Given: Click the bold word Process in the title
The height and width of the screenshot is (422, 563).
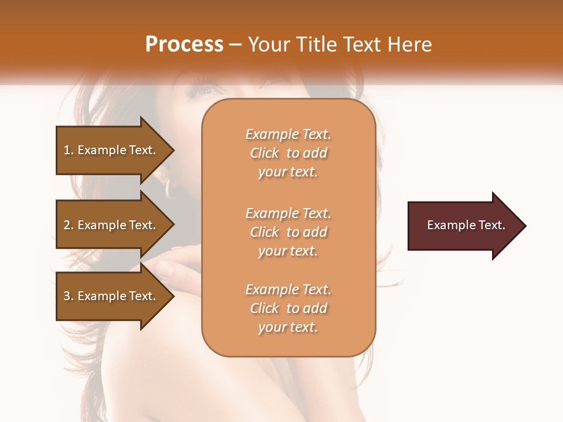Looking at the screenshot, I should pyautogui.click(x=184, y=45).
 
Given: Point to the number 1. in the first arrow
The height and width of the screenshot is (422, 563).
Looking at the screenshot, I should pyautogui.click(x=69, y=150).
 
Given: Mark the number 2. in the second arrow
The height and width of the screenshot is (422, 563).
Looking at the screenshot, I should pyautogui.click(x=69, y=225).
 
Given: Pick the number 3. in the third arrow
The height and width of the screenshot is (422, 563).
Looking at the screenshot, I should pyautogui.click(x=69, y=296).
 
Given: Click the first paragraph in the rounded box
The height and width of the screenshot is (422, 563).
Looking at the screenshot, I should pyautogui.click(x=288, y=153).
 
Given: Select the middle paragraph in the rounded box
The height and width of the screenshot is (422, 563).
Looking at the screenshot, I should pyautogui.click(x=288, y=232).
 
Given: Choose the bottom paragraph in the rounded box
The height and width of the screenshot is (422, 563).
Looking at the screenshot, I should pyautogui.click(x=288, y=308).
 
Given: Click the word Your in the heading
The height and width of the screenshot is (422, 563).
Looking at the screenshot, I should pyautogui.click(x=267, y=45).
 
